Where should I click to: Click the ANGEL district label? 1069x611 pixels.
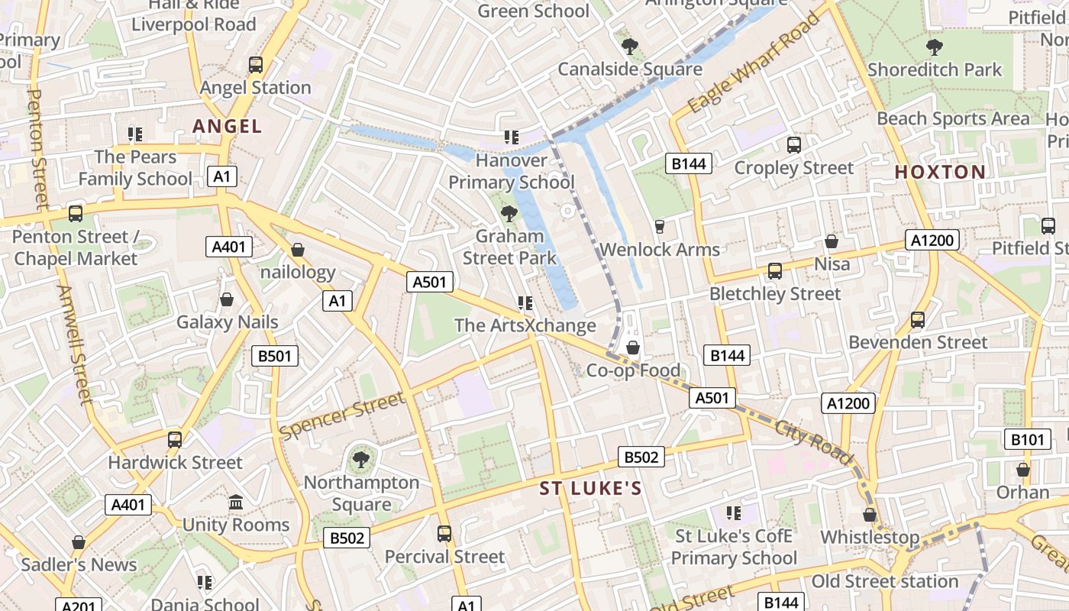point(227,126)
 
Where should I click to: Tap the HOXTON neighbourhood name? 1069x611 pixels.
point(940,172)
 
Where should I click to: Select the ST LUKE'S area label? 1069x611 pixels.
point(590,488)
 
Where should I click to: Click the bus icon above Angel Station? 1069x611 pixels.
point(256,65)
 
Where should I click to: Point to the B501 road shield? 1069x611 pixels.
point(275,355)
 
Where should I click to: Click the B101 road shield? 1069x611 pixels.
point(1026,439)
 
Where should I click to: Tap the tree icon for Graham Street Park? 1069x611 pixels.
point(509,214)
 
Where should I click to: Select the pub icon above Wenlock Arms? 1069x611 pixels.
point(660,227)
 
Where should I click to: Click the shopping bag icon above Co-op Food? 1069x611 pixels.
point(632,348)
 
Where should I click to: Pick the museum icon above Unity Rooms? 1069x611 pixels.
point(236,503)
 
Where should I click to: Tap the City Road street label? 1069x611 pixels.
point(812,441)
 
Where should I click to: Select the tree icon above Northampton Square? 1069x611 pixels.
point(360,460)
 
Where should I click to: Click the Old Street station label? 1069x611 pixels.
point(884,581)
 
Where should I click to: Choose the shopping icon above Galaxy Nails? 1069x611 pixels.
point(227,299)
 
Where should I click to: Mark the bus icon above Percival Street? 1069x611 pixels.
point(444,534)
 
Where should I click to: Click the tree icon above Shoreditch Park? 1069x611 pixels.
point(934,47)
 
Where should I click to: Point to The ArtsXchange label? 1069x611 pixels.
point(525,325)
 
